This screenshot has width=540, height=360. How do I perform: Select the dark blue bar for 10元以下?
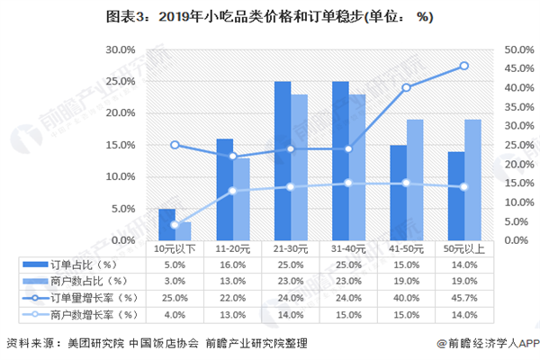(166, 224)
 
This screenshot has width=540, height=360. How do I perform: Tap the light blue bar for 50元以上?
(471, 180)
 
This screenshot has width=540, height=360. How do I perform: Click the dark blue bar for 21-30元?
(283, 161)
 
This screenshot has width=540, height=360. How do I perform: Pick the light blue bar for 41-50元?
(414, 180)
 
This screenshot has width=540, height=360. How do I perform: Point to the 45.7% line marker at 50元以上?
(463, 66)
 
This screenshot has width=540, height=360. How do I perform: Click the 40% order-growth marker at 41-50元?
(406, 87)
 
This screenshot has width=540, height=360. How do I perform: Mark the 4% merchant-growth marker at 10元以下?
(175, 225)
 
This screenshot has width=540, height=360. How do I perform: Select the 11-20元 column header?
(232, 248)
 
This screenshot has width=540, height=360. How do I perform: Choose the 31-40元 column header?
(348, 248)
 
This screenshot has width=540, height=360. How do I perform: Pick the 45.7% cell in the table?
(463, 298)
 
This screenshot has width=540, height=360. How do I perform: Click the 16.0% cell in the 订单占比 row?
(232, 265)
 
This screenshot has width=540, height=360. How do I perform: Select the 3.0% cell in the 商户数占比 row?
(175, 282)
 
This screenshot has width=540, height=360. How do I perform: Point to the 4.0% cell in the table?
(175, 314)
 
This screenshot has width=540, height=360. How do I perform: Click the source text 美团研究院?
(88, 343)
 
